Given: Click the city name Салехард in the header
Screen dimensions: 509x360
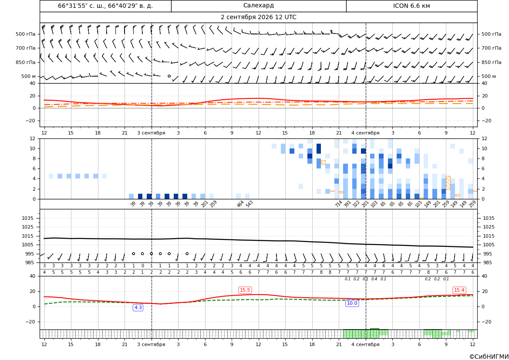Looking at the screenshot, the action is tap(258, 6).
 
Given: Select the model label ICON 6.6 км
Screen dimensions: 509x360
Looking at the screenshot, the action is tap(411, 6).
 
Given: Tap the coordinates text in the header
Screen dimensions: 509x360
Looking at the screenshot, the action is tap(105, 6).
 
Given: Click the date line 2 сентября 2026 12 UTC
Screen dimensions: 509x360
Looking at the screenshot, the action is tap(258, 17).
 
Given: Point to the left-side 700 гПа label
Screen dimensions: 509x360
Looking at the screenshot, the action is tap(26, 48).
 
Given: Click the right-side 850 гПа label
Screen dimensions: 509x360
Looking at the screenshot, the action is tap(492, 62).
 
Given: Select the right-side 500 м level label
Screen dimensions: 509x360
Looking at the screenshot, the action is tap(489, 76).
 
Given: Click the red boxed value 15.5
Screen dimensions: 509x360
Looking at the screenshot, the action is tap(245, 290).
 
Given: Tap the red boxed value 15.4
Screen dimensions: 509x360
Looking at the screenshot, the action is tap(459, 290).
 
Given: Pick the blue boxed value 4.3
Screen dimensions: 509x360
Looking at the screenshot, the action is tap(138, 307).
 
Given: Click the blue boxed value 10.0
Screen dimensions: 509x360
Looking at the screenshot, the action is tap(352, 303).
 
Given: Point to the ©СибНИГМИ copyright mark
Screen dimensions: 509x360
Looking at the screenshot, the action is tap(489, 357).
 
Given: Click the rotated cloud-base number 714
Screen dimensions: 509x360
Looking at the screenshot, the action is tap(338, 204).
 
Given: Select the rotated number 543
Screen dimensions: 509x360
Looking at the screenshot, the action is tap(249, 204).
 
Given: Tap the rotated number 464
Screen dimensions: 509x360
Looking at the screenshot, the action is tap(240, 204).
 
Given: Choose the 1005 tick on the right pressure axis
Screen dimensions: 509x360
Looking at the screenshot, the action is tap(489, 245).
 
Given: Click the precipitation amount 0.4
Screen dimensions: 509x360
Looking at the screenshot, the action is tap(374, 279).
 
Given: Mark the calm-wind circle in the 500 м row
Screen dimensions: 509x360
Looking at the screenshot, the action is tap(169, 76).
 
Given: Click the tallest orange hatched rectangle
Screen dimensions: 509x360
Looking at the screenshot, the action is tap(448, 183).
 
